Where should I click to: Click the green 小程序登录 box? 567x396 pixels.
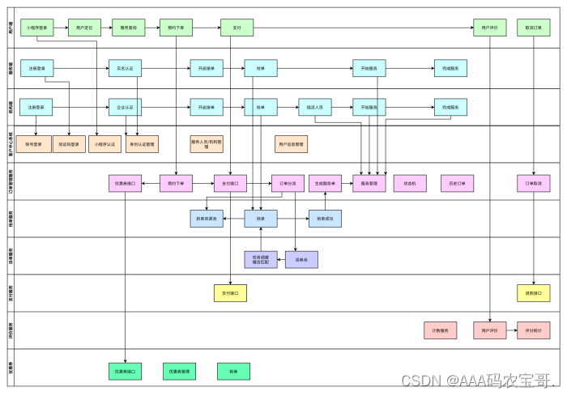pyautogui.click(x=37, y=28)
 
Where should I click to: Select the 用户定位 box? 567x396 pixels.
pyautogui.click(x=84, y=28)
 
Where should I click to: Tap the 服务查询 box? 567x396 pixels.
pyautogui.click(x=128, y=28)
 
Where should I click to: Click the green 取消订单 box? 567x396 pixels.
pyautogui.click(x=533, y=28)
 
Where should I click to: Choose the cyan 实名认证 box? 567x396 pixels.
pyautogui.click(x=126, y=68)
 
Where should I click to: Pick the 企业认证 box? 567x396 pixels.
pyautogui.click(x=126, y=107)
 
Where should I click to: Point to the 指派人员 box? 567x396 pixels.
pyautogui.click(x=315, y=107)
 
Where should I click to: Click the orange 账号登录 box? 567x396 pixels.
pyautogui.click(x=33, y=144)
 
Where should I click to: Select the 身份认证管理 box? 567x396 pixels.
pyautogui.click(x=143, y=144)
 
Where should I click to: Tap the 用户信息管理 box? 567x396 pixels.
pyautogui.click(x=291, y=144)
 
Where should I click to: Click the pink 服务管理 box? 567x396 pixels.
pyautogui.click(x=369, y=184)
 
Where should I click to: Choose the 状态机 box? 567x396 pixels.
pyautogui.click(x=410, y=184)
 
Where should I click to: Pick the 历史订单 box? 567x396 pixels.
pyautogui.click(x=457, y=184)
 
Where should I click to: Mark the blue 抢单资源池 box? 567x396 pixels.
pyautogui.click(x=207, y=218)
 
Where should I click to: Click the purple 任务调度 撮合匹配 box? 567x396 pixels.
pyautogui.click(x=261, y=260)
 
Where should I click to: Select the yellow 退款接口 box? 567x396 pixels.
pyautogui.click(x=533, y=292)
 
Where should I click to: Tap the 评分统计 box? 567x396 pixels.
pyautogui.click(x=533, y=330)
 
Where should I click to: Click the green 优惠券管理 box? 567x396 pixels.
pyautogui.click(x=180, y=372)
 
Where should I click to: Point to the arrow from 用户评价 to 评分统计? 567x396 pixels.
pyautogui.click(x=512, y=330)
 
